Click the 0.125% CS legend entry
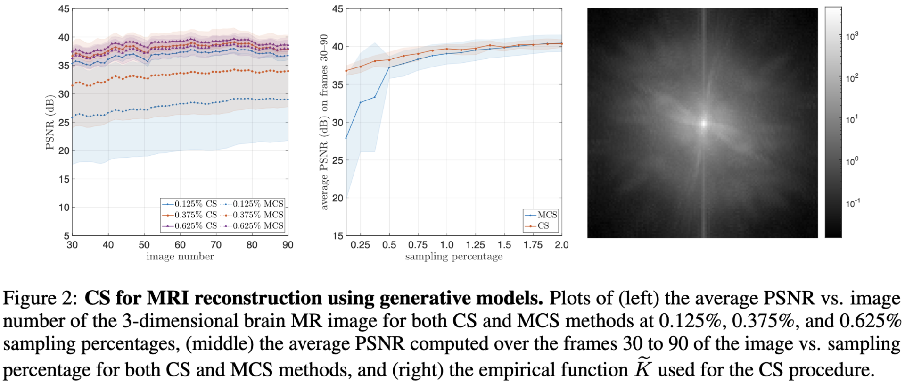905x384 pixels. click(190, 204)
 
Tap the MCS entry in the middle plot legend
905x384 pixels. click(542, 215)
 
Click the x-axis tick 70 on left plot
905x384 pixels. click(216, 245)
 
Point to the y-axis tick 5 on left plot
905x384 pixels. click(66, 235)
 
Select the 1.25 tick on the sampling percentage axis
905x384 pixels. click(476, 245)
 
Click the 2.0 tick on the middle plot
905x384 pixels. click(561, 245)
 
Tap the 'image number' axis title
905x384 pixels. click(180, 256)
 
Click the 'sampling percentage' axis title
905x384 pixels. click(454, 256)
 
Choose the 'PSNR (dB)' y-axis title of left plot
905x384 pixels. click(50, 123)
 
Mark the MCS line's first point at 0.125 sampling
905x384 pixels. click(346, 138)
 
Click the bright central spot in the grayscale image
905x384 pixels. click(704, 124)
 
